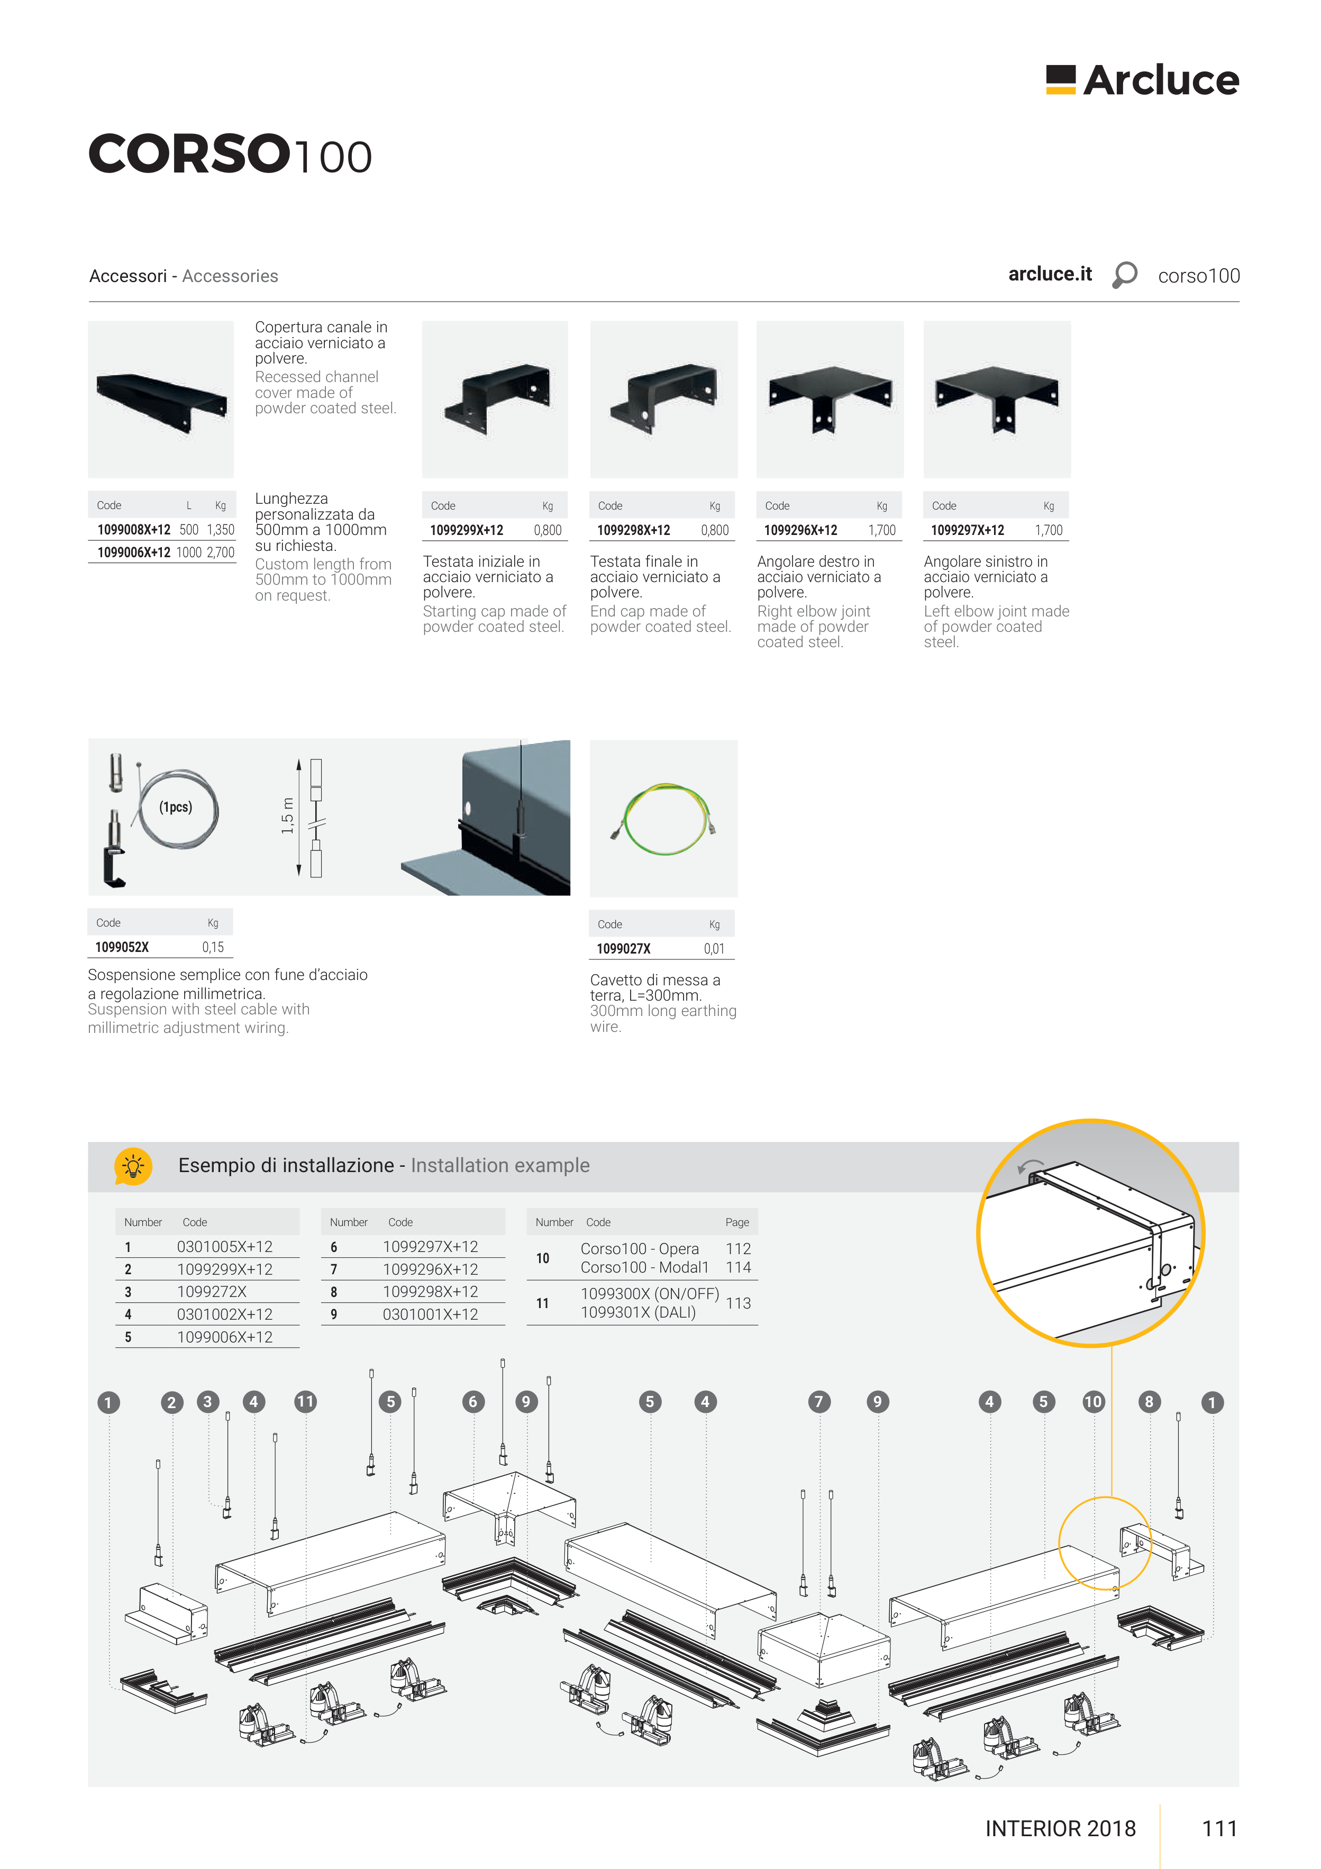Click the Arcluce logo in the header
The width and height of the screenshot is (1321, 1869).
click(x=1142, y=80)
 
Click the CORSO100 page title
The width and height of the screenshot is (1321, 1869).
click(x=230, y=154)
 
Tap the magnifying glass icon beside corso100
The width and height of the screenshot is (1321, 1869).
click(x=1124, y=275)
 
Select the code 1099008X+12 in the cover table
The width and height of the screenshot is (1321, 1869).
click(x=133, y=530)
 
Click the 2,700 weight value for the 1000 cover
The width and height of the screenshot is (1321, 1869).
click(x=221, y=553)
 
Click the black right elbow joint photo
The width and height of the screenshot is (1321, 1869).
click(x=830, y=400)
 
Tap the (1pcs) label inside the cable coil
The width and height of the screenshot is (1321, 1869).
click(x=176, y=808)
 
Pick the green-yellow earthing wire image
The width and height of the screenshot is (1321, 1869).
click(x=664, y=818)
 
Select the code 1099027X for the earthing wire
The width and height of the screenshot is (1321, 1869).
click(x=623, y=949)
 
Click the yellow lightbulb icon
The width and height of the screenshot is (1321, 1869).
click(x=133, y=1166)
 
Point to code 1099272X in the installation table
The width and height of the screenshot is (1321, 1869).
click(x=212, y=1292)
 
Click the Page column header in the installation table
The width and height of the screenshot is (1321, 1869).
click(x=737, y=1223)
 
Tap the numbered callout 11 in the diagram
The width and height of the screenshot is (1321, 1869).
click(x=305, y=1402)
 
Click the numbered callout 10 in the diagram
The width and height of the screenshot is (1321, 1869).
click(x=1093, y=1402)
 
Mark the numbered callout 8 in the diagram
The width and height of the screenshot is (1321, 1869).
click(x=1149, y=1402)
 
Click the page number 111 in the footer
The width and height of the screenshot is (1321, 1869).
click(x=1220, y=1829)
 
